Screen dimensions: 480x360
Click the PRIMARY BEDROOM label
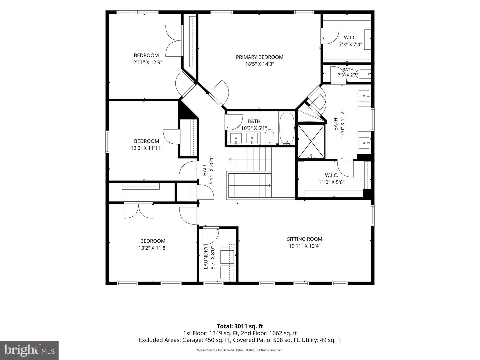click(x=259, y=57)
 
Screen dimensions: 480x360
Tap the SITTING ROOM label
click(x=304, y=239)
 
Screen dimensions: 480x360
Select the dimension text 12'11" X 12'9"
click(x=146, y=62)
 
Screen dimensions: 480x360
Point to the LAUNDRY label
click(x=206, y=258)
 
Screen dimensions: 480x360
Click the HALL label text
click(x=204, y=170)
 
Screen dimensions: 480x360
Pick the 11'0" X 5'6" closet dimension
click(x=332, y=182)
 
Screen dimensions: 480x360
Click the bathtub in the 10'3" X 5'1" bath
click(x=287, y=129)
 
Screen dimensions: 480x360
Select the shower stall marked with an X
click(x=311, y=141)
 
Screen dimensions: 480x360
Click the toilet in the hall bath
click(x=269, y=137)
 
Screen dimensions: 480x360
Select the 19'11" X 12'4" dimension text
click(x=305, y=246)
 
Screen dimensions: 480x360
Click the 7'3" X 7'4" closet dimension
click(x=351, y=44)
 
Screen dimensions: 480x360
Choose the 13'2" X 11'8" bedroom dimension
click(x=153, y=248)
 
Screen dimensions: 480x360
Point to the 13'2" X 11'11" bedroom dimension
click(x=147, y=148)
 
